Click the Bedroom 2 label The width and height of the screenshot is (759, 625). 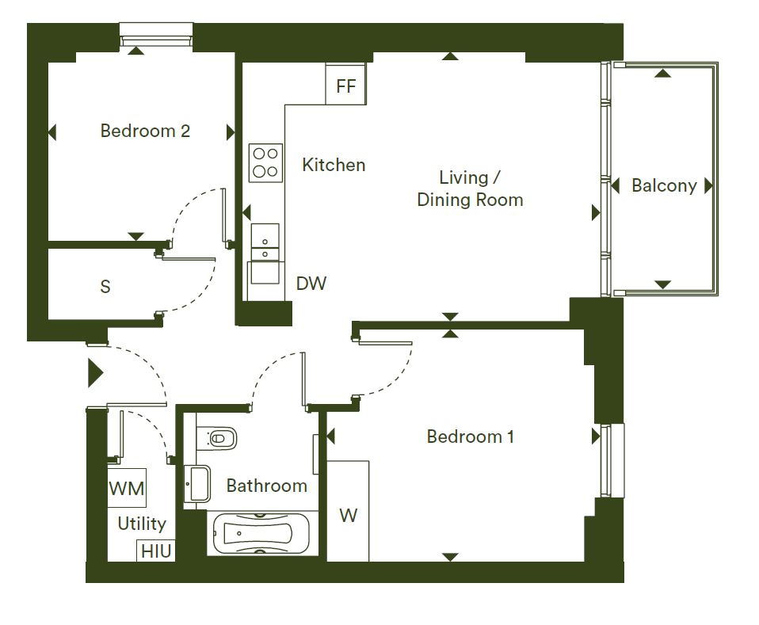point(145,131)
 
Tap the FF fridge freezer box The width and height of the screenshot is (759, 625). point(345,84)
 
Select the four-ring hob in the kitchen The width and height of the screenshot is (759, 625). point(265,162)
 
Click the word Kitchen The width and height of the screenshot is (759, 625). point(334,165)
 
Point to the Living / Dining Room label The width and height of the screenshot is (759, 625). point(470,189)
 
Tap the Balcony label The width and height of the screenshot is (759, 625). point(664,185)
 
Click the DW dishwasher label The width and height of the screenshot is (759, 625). point(311,284)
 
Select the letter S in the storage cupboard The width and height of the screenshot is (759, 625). point(105,287)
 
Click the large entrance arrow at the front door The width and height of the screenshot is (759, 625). point(95,373)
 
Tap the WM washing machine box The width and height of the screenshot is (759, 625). point(126,487)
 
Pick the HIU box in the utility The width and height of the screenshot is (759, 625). point(156,551)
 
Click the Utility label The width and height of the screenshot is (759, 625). point(142,524)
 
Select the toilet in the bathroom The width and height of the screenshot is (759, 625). point(215,439)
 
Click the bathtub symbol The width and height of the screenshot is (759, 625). point(261,533)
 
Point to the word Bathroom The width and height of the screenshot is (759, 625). point(267,486)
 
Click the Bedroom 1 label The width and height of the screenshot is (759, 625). point(470,436)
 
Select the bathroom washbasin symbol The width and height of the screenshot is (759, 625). point(197,484)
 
